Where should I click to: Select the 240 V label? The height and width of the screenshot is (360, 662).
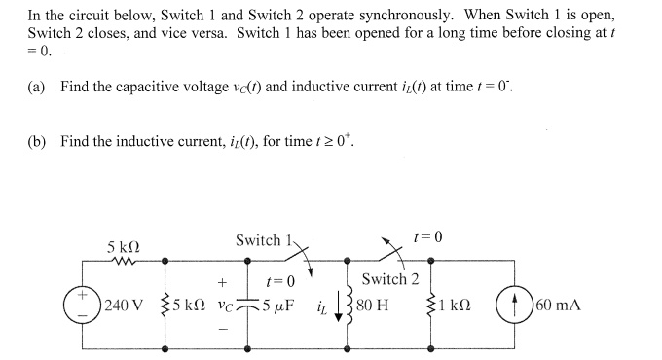point(124,304)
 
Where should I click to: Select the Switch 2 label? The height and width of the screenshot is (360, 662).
point(389,280)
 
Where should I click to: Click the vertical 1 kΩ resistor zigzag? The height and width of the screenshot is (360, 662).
point(444,303)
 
